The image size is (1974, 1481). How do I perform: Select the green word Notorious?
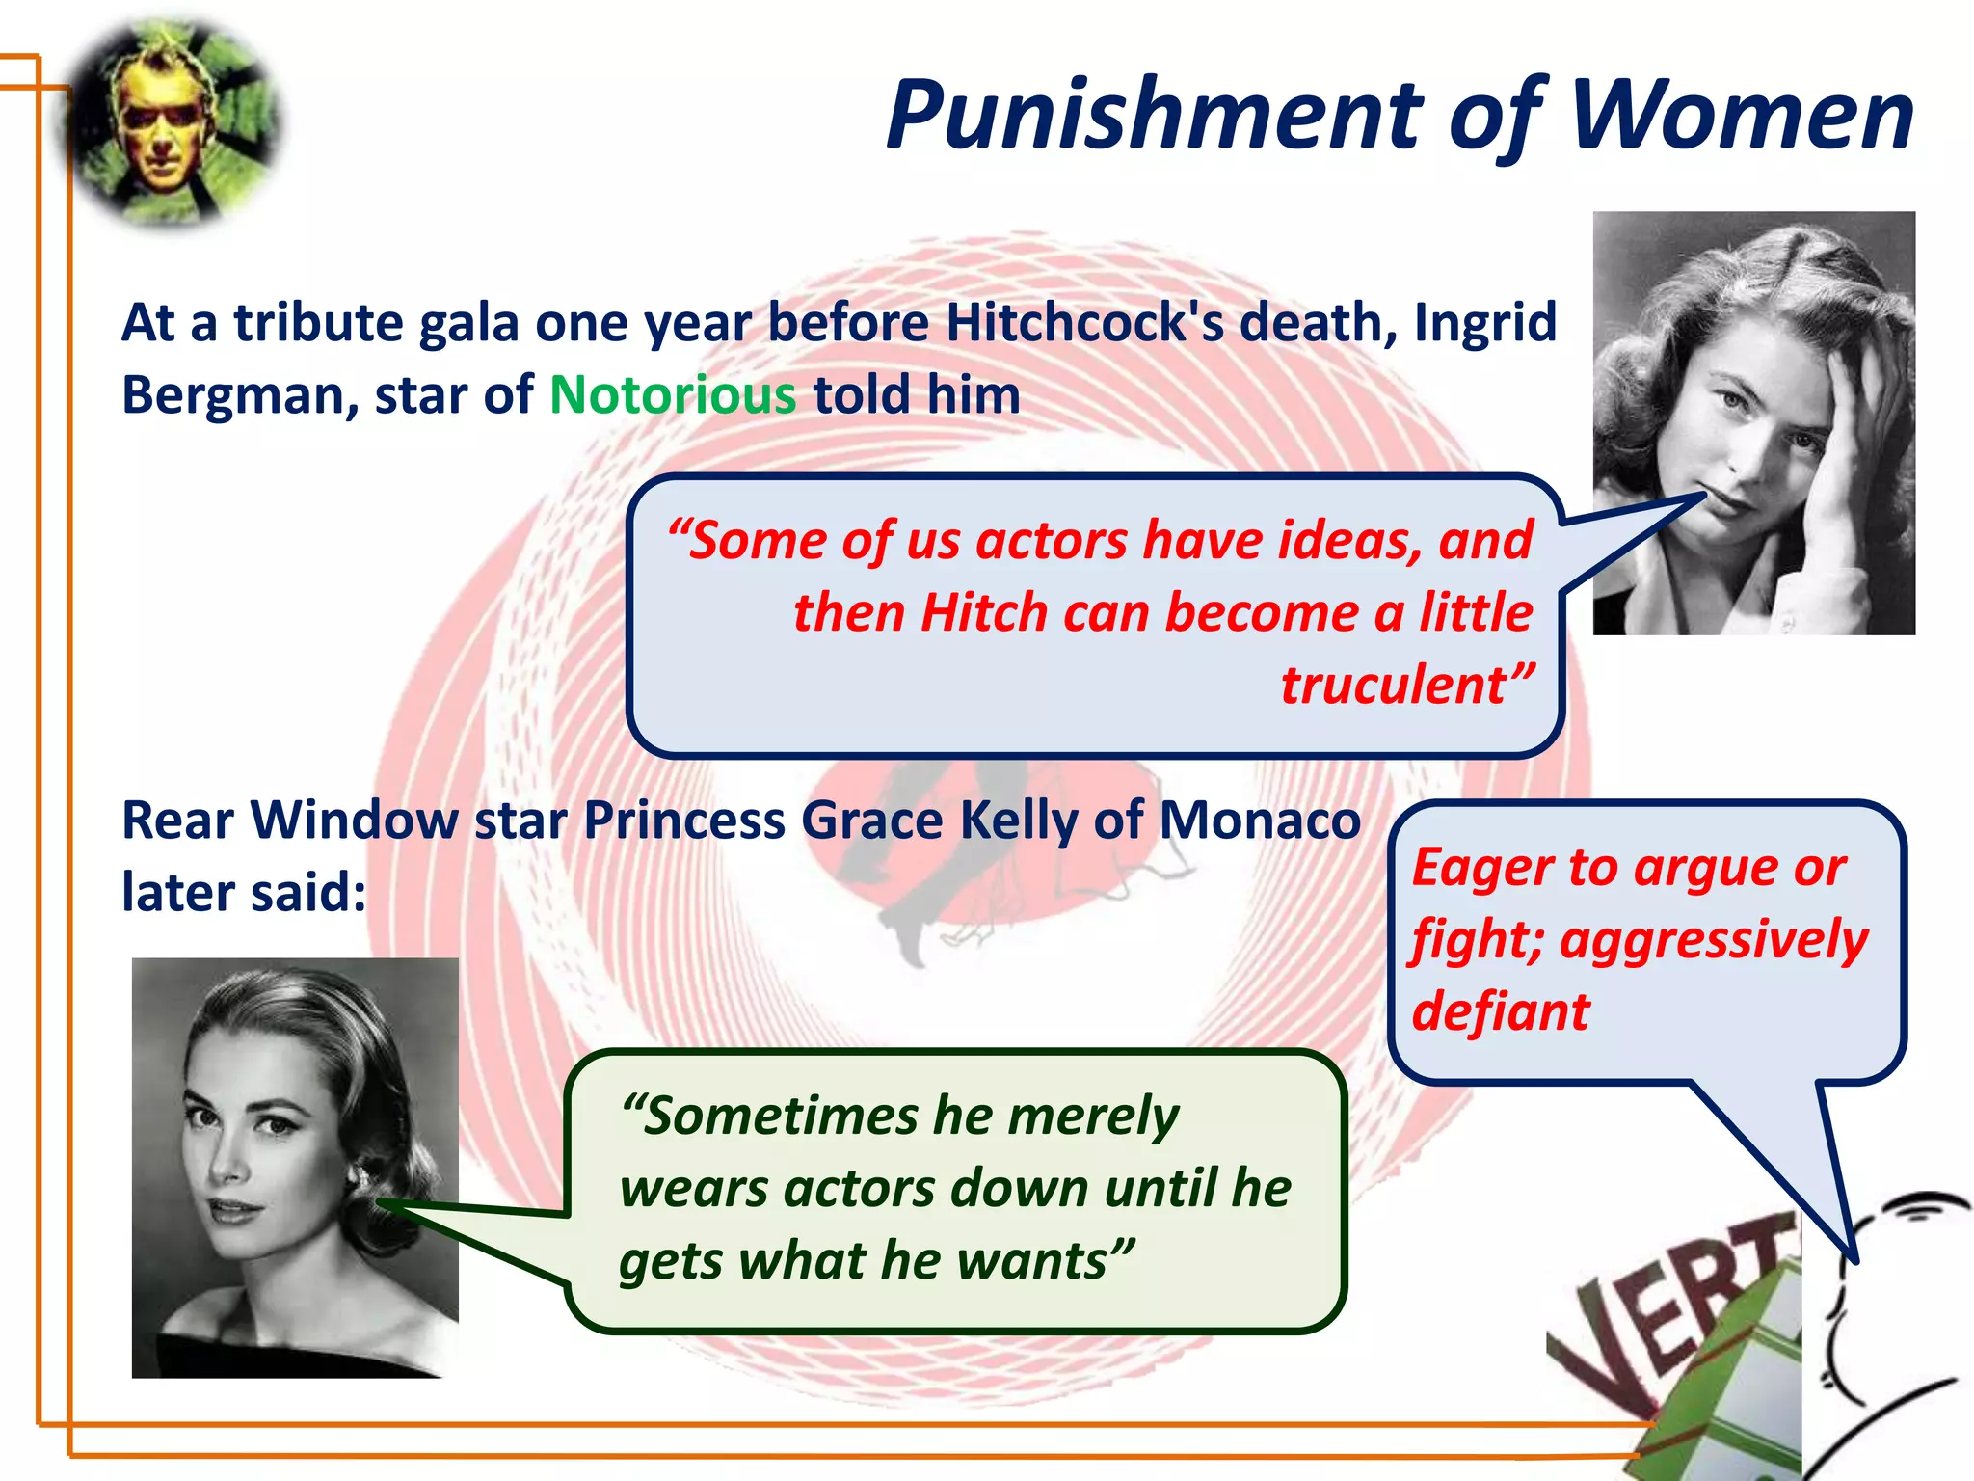pos(673,394)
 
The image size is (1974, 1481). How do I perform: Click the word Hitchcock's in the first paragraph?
pos(1084,322)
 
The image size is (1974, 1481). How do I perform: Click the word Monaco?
pos(1259,821)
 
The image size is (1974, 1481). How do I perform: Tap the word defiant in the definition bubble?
pos(1500,1011)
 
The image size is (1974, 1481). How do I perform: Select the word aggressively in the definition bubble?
pos(1714,940)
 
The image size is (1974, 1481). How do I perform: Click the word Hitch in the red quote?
pos(983,613)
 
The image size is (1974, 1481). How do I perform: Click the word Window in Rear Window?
pos(354,821)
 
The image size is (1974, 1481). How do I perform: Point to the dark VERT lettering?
pos(1677,1311)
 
